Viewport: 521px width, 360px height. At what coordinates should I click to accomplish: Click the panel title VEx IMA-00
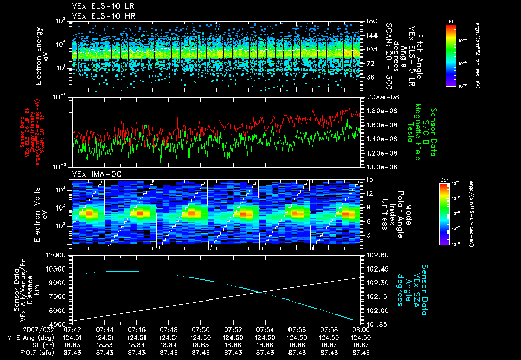(92, 174)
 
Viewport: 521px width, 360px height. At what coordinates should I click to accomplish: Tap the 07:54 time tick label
(266, 329)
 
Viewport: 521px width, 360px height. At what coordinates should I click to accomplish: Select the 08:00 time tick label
(361, 329)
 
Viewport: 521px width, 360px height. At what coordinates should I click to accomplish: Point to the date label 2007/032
(17, 329)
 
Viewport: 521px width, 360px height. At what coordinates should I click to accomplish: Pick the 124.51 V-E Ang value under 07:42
(73, 337)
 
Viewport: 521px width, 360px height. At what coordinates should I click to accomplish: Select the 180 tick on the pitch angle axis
(371, 21)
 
